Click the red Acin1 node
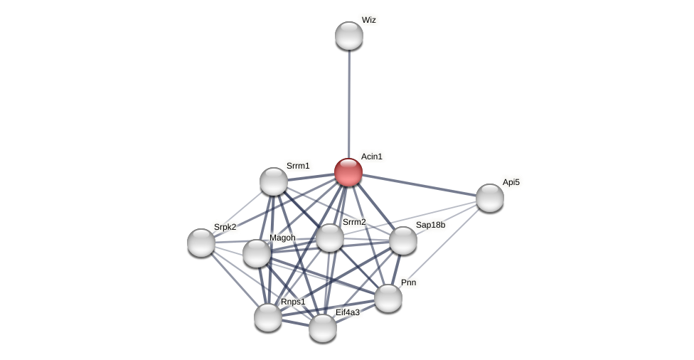348,172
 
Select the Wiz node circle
349,36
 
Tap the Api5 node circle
490,198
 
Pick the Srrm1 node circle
274,181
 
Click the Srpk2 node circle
201,243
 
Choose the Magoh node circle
257,253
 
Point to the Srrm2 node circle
330,238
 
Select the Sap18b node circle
403,240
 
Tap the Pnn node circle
388,298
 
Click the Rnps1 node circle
268,317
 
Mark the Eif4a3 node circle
323,328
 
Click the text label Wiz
368,20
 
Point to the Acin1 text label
371,157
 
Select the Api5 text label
511,182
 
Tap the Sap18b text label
430,225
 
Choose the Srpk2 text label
225,227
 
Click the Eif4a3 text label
348,312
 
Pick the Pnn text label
408,282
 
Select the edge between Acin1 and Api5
420,185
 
